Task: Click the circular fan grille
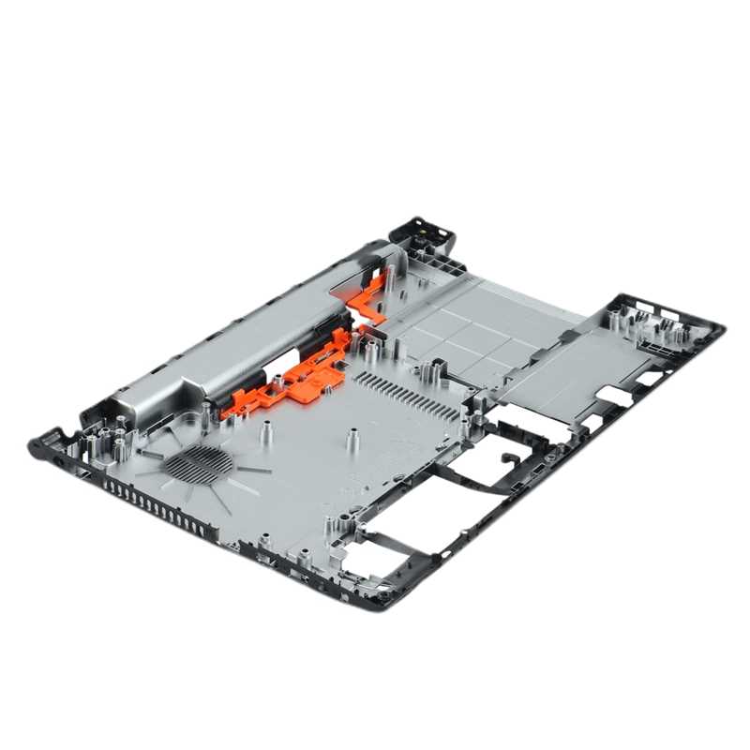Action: pyautogui.click(x=198, y=463)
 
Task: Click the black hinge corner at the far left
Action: pyautogui.click(x=47, y=445)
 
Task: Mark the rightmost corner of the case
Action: pyautogui.click(x=717, y=328)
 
